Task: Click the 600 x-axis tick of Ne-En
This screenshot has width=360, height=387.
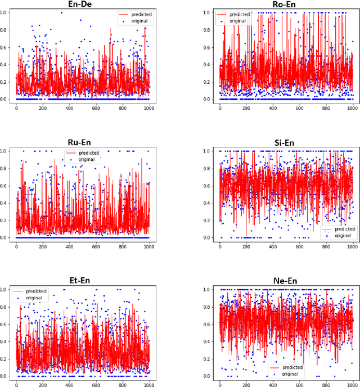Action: (x=299, y=385)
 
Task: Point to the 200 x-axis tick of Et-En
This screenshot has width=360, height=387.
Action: (x=43, y=385)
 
